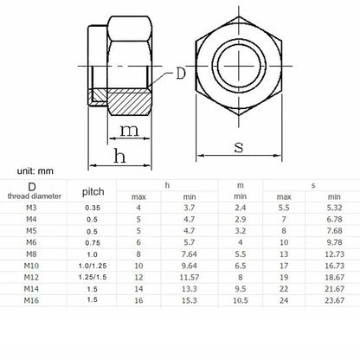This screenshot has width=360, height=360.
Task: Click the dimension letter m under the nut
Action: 129,131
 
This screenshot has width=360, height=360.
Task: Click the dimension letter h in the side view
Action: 119,156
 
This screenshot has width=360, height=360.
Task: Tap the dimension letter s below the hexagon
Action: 239,147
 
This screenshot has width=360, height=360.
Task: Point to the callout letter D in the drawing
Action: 181,74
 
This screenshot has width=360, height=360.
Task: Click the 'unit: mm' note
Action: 35,171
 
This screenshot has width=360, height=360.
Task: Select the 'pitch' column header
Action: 93,192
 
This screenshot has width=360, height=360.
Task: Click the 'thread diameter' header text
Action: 35,196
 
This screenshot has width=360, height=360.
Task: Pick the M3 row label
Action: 31,208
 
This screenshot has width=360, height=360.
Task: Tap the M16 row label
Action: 31,300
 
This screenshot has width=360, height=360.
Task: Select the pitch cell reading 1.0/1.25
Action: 93,266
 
